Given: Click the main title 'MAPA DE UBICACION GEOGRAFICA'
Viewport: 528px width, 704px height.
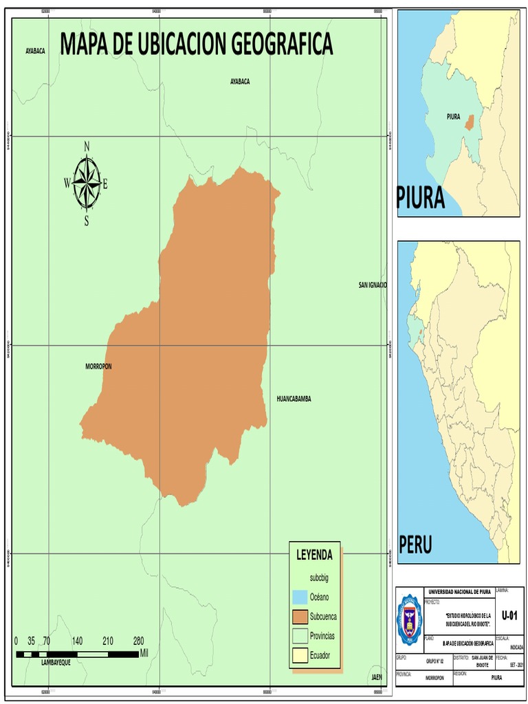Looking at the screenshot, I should click(197, 45).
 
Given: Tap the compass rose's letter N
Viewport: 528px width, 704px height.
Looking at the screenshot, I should click(87, 146).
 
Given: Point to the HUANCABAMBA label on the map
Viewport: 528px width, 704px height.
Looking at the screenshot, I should click(294, 399).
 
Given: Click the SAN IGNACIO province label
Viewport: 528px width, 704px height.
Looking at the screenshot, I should click(373, 285).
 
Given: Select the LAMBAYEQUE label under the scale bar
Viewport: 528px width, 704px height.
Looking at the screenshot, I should click(56, 662).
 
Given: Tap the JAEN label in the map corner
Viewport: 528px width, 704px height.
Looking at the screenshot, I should click(377, 677).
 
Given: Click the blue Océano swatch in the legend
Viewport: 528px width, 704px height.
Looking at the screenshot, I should click(298, 597).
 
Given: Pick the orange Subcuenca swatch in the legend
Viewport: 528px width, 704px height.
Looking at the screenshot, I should click(298, 616).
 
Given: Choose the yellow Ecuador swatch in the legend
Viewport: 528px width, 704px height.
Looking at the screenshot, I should click(298, 655).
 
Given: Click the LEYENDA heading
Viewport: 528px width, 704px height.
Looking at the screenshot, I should click(314, 555).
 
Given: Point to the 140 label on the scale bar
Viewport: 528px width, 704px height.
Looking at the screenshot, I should click(77, 641).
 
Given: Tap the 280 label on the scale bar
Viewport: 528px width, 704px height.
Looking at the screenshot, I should click(138, 641).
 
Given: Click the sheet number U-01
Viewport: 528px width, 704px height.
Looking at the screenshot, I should click(509, 614).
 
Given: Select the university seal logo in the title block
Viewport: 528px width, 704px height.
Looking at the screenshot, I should click(410, 619).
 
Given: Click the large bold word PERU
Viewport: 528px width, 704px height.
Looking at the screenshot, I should click(416, 546).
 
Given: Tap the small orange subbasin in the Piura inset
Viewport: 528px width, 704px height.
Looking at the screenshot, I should click(469, 122).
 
